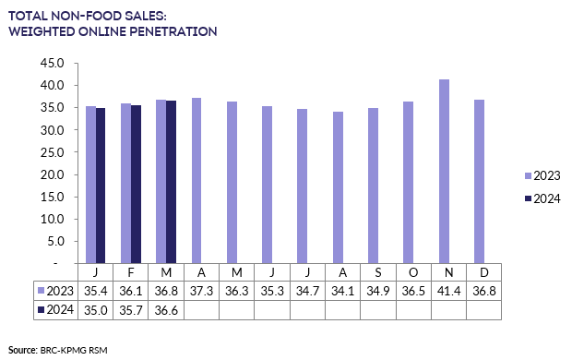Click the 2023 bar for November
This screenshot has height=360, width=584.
[x=445, y=171]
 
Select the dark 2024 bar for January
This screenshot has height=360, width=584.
[x=101, y=186]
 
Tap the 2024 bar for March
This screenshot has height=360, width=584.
[x=171, y=182]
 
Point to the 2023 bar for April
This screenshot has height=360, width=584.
[x=197, y=180]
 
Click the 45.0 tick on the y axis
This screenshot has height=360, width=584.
[x=51, y=64]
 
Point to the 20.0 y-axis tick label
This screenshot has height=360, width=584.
[x=51, y=174]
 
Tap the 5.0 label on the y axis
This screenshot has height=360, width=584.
[x=54, y=241]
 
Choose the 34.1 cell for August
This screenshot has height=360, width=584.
[x=343, y=290]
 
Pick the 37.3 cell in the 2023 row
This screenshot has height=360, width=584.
[x=202, y=290]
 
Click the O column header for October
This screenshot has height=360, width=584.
[x=413, y=272]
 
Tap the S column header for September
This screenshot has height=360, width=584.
[x=378, y=272]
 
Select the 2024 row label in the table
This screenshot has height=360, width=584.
[x=55, y=309]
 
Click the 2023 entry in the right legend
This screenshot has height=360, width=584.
[x=544, y=175]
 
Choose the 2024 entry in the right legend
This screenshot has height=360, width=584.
[x=544, y=198]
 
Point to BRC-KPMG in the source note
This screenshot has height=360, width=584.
[x=63, y=350]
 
